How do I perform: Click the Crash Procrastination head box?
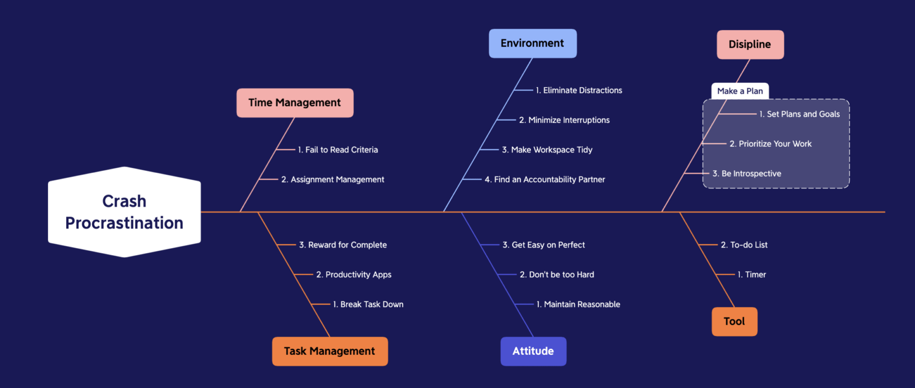pyautogui.click(x=124, y=212)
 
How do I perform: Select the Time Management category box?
pyautogui.click(x=295, y=102)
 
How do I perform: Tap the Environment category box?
pyautogui.click(x=532, y=43)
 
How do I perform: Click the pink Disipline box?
pyautogui.click(x=750, y=44)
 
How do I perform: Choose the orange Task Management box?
pyautogui.click(x=329, y=351)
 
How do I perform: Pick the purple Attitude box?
pyautogui.click(x=533, y=351)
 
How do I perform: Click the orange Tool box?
pyautogui.click(x=734, y=321)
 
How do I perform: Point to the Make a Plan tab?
pyautogui.click(x=740, y=91)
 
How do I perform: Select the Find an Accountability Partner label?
pyautogui.click(x=545, y=179)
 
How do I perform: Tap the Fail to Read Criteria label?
pyautogui.click(x=337, y=150)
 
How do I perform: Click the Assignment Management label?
pyautogui.click(x=333, y=179)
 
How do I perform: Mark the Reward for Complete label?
pyautogui.click(x=343, y=245)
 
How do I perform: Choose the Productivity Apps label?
pyautogui.click(x=354, y=275)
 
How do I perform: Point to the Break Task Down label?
pyautogui.click(x=368, y=304)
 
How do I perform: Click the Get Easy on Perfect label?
pyautogui.click(x=543, y=245)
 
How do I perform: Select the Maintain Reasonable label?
pyautogui.click(x=578, y=304)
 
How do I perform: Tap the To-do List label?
pyautogui.click(x=744, y=245)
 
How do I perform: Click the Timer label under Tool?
pyautogui.click(x=752, y=275)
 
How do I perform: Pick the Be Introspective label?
pyautogui.click(x=747, y=174)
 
